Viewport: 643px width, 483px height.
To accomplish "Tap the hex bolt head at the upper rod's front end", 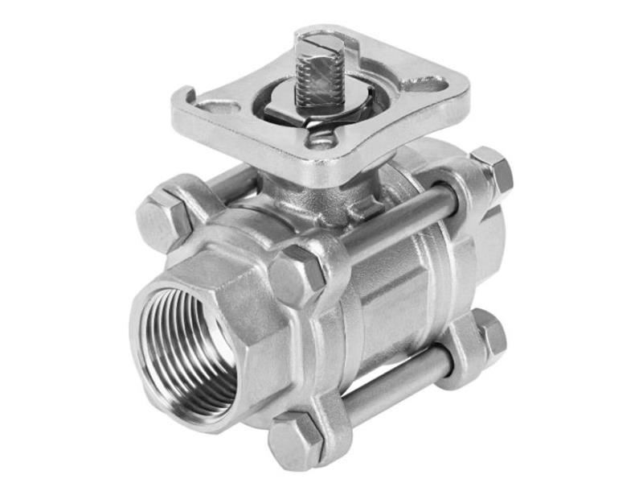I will tap(298, 274).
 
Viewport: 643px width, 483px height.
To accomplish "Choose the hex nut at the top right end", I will tap(492, 170).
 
